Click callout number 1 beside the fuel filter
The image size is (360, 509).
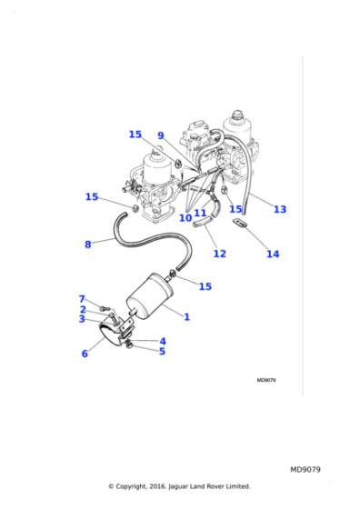pyautogui.click(x=186, y=316)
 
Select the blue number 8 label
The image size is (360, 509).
pyautogui.click(x=87, y=245)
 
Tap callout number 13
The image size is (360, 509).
pyautogui.click(x=280, y=209)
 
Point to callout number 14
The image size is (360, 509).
pyautogui.click(x=273, y=254)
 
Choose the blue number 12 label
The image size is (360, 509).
pyautogui.click(x=219, y=254)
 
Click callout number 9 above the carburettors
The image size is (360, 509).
pyautogui.click(x=161, y=135)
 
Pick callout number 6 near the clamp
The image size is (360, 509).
pyautogui.click(x=85, y=354)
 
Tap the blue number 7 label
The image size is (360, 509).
pyautogui.click(x=82, y=298)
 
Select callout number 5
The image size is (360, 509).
pyautogui.click(x=162, y=351)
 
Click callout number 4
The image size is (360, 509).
pyautogui.click(x=163, y=341)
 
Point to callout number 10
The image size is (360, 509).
pyautogui.click(x=185, y=218)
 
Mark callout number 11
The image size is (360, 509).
pyautogui.click(x=200, y=213)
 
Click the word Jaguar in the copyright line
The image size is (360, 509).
pyautogui.click(x=179, y=486)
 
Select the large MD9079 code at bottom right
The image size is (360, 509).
pyautogui.click(x=305, y=470)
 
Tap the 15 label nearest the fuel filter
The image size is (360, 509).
pyautogui.click(x=205, y=286)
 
